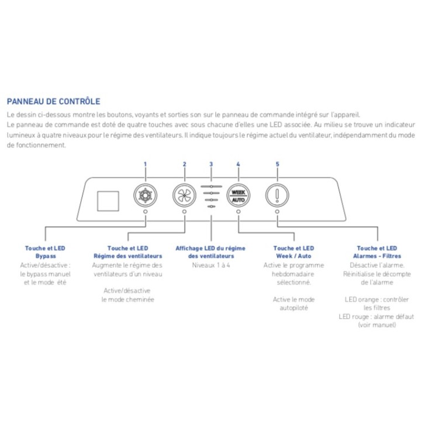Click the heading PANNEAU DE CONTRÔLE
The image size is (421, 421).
click(53, 101)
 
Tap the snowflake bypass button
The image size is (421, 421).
click(145, 195)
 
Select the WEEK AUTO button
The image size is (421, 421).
click(238, 195)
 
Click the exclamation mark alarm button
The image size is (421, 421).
click(277, 195)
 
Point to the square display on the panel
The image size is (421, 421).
click(108, 201)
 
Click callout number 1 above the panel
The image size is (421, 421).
click(145, 164)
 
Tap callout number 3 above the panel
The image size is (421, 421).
click(211, 164)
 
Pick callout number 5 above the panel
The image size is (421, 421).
click(277, 164)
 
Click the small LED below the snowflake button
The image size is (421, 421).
click(145, 212)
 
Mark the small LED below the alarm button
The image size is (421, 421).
click(277, 212)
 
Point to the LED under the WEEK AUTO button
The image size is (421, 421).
click(238, 212)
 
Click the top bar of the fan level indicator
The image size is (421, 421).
click(211, 187)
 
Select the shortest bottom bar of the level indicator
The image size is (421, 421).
click(211, 206)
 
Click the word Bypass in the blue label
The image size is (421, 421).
click(46, 256)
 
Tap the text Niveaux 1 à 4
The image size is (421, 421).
click(211, 265)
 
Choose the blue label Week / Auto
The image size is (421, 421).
click(294, 256)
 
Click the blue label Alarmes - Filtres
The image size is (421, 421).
click(377, 256)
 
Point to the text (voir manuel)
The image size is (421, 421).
click(377, 325)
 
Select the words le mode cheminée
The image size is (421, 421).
click(128, 299)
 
